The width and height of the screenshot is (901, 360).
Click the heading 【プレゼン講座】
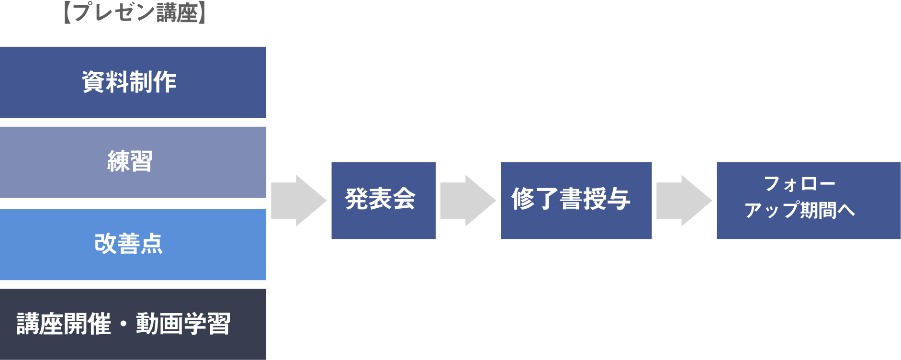pyautogui.click(x=135, y=12)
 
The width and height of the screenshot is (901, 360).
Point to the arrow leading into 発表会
pyautogui.click(x=298, y=201)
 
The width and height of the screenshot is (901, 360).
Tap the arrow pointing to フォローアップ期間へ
pyautogui.click(x=684, y=201)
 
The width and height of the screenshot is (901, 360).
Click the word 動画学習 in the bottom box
pyautogui.click(x=183, y=324)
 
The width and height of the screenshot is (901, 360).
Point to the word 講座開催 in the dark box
pyautogui.click(x=64, y=324)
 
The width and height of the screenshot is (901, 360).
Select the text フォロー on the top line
pyautogui.click(x=800, y=183)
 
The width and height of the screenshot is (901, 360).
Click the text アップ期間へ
pyautogui.click(x=800, y=210)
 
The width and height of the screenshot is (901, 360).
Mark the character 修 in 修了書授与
pyautogui.click(x=523, y=199)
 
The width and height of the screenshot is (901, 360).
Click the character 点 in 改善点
pyautogui.click(x=151, y=244)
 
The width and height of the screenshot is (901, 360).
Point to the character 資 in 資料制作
pyautogui.click(x=94, y=82)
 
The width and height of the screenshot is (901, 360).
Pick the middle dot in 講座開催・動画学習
pyautogui.click(x=124, y=324)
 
